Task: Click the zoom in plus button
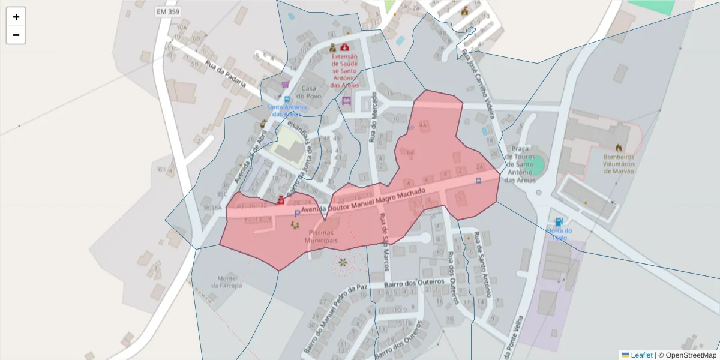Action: click(16, 17)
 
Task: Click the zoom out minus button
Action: click(16, 35)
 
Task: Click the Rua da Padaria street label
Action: click(226, 74)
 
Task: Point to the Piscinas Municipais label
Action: click(321, 236)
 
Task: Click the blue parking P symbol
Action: click(297, 214)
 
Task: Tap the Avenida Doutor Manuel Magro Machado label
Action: click(364, 201)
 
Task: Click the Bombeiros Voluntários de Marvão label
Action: click(619, 163)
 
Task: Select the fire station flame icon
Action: click(619, 148)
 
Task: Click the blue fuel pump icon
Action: click(559, 221)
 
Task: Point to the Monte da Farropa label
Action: click(230, 281)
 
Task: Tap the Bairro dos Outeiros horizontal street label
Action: click(413, 282)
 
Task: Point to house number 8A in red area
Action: click(411, 153)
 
